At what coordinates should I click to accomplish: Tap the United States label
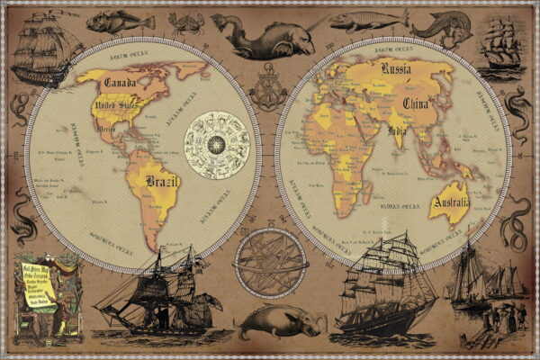[x=117, y=110]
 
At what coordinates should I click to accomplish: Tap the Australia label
[x=451, y=202]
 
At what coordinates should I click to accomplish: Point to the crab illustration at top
[x=186, y=22]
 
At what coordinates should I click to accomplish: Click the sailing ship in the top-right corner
[x=501, y=45]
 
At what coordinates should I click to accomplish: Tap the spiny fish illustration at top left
[x=108, y=20]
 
